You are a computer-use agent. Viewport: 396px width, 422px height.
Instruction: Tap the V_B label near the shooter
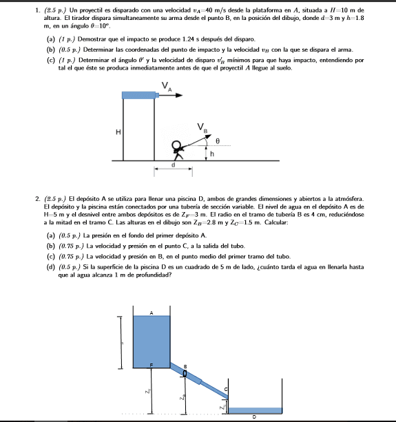coord(202,127)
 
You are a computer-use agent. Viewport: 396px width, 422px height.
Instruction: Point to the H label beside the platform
coord(118,131)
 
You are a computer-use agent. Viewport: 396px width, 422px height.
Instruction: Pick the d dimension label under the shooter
coord(173,165)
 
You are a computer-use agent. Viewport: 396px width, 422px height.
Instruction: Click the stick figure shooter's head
coord(177,145)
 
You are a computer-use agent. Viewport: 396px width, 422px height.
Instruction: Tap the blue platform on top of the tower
coord(138,94)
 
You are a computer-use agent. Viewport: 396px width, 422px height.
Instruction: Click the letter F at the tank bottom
coord(153,363)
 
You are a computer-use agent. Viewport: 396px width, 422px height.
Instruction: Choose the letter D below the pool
coord(254,416)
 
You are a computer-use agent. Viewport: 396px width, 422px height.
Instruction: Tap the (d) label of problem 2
coord(50,266)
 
